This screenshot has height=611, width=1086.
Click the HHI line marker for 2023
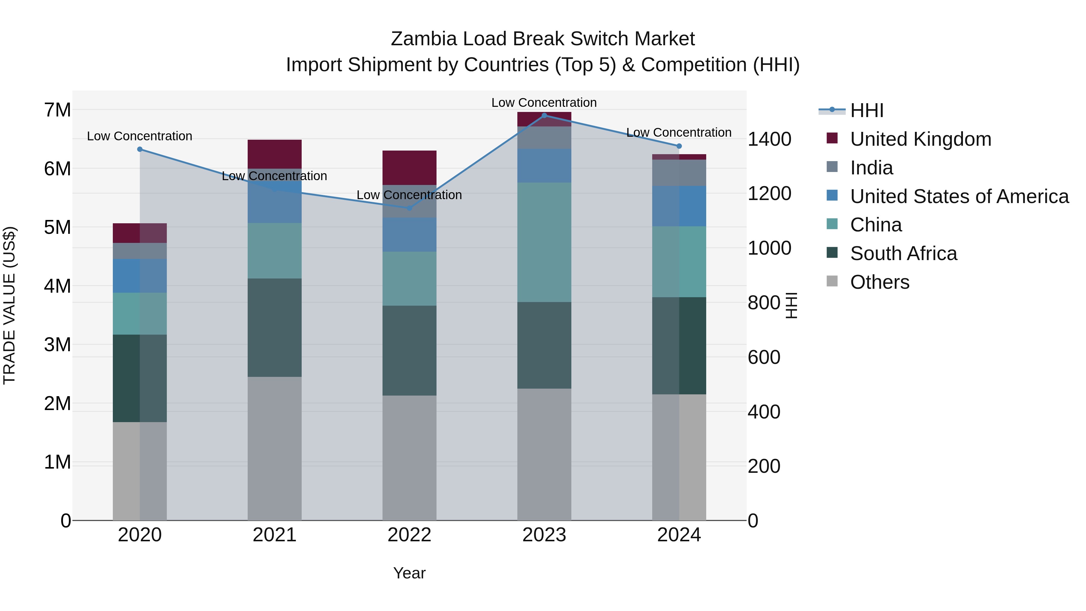coord(544,116)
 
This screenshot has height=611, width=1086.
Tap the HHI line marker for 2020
coord(140,149)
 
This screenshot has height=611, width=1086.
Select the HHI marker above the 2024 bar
coord(679,146)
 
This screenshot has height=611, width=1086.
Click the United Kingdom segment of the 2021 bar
coord(275,154)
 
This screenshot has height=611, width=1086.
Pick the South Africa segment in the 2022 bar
coord(409,350)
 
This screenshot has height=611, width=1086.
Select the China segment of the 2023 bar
coord(544,243)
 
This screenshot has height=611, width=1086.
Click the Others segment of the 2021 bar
coord(275,448)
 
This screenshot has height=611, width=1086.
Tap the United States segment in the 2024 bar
coord(679,206)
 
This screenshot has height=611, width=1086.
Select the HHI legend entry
coord(866,110)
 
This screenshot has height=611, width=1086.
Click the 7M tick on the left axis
coord(58,110)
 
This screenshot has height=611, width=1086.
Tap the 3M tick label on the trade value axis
coord(58,345)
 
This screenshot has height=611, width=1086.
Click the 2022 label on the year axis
coord(409,535)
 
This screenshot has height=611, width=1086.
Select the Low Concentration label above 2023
coord(544,103)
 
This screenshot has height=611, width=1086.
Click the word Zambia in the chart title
coord(424,39)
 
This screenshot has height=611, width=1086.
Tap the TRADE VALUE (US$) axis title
coord(10,305)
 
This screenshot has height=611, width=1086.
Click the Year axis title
coord(409,573)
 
